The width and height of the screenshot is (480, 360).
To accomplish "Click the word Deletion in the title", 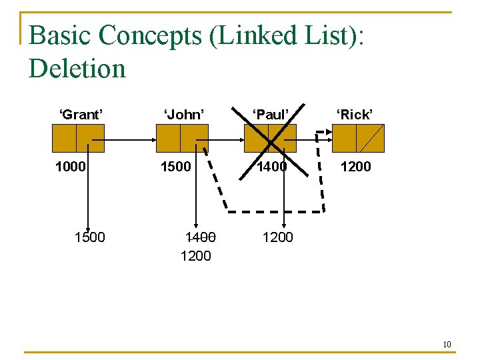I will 77,68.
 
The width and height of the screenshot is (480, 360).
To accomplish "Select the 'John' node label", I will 183,115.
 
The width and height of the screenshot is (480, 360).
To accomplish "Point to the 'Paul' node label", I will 271,115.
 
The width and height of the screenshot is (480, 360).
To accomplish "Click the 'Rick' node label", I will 354,115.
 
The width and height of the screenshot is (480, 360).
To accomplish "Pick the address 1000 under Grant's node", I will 71,167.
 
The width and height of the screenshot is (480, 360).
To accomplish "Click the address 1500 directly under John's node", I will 175,167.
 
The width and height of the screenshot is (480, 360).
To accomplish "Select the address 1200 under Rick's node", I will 356,167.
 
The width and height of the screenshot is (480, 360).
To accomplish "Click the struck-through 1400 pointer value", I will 201,237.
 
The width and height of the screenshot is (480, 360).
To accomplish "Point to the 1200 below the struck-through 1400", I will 196,255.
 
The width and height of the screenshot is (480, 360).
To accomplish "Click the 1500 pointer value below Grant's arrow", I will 89,237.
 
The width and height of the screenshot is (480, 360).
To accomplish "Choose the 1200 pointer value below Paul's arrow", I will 277,237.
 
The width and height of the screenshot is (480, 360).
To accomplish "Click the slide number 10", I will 447,344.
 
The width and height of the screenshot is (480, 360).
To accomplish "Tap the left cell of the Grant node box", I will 64,139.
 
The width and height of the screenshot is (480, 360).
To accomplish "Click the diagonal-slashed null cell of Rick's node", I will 371,139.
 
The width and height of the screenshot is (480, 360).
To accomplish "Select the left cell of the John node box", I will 168,139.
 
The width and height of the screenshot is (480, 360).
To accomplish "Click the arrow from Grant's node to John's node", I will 130,140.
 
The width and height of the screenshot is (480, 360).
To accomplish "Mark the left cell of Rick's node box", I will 345,139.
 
